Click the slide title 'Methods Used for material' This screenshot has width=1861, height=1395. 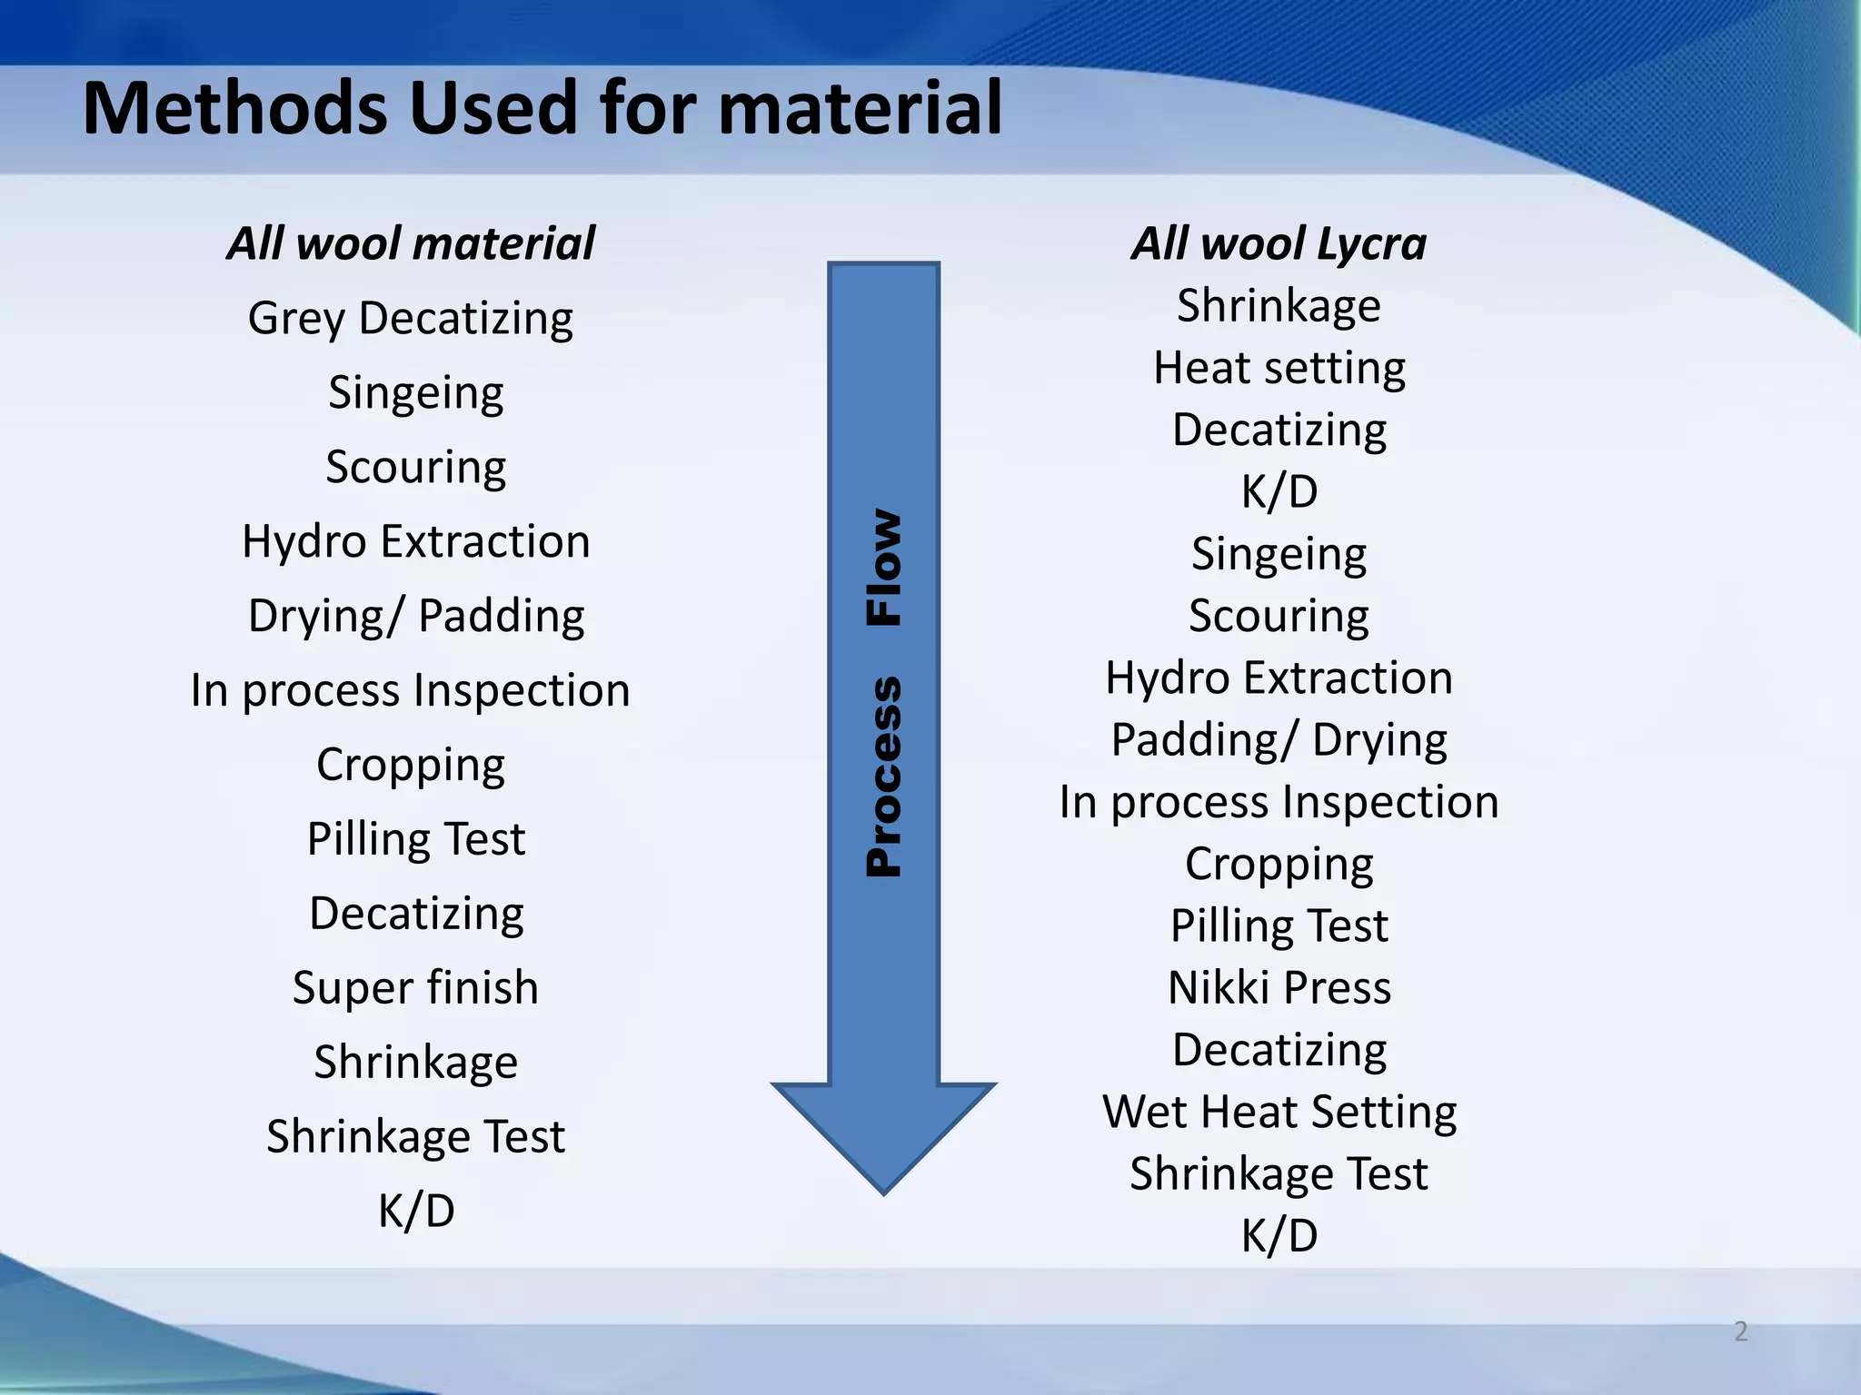point(542,109)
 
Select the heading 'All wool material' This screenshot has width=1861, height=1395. point(411,243)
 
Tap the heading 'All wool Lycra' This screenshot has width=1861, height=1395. point(1279,243)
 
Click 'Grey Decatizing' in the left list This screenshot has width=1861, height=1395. point(411,319)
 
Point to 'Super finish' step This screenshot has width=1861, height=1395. point(415,987)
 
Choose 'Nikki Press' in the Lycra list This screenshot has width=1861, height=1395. point(1279,987)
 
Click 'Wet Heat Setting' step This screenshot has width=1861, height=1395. point(1279,1112)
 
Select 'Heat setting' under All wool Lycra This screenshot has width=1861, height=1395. point(1279,369)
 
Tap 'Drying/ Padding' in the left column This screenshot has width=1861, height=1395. point(416,616)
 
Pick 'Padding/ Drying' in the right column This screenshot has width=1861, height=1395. point(1279,740)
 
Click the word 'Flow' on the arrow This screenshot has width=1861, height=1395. point(883,567)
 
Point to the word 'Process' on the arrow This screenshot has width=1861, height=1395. point(883,777)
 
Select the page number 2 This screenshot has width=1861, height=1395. point(1740,1331)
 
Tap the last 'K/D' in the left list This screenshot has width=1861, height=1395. point(416,1211)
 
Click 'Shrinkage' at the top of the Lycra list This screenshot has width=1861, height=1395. point(1279,306)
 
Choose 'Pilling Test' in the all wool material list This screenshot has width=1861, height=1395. point(416,839)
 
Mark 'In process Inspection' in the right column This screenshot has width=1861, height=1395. point(1279,803)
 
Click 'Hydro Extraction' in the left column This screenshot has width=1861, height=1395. point(416,542)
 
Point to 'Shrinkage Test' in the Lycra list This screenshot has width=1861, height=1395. point(1279,1173)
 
